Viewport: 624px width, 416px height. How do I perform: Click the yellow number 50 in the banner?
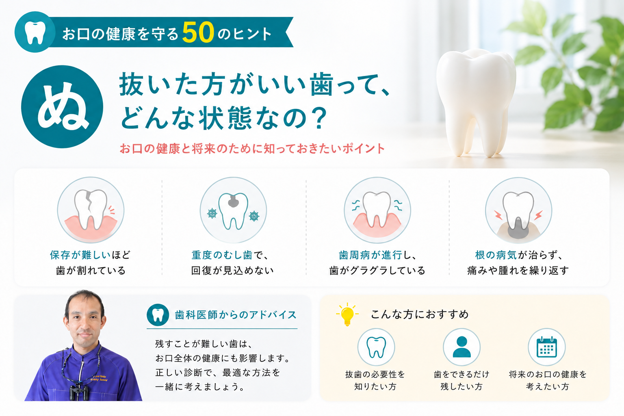(x=198, y=32)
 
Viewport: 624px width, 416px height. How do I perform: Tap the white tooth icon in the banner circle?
(x=35, y=32)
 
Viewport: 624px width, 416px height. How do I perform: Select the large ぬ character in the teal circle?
(x=63, y=107)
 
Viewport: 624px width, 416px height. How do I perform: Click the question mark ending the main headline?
(x=318, y=118)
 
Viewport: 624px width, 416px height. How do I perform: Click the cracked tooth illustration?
(x=91, y=209)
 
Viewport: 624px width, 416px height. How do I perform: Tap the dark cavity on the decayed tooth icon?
(x=233, y=201)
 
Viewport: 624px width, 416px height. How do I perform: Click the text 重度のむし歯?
(x=222, y=255)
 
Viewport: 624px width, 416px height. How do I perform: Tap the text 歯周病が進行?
(x=370, y=255)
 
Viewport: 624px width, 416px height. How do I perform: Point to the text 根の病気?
(x=496, y=255)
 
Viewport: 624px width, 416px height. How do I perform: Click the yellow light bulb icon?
(x=347, y=314)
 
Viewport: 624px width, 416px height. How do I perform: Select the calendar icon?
(x=546, y=347)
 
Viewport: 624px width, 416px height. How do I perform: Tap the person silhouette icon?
(x=461, y=347)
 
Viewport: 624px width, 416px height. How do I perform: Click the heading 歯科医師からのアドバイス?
(x=236, y=315)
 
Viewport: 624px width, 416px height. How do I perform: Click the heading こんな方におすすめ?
(x=420, y=314)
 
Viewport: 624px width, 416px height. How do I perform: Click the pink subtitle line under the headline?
(x=252, y=149)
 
